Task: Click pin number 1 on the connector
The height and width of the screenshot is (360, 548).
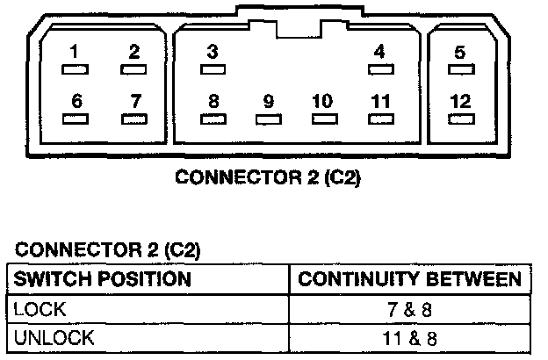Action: click(x=75, y=53)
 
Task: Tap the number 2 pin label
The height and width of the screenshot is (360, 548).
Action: click(x=133, y=53)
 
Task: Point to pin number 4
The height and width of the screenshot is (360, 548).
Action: click(x=379, y=53)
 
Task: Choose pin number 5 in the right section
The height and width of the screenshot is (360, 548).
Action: click(x=460, y=53)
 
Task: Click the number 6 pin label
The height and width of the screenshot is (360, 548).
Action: click(x=77, y=101)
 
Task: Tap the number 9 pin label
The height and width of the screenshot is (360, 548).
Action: click(x=269, y=101)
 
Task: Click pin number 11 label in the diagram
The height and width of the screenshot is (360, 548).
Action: click(x=379, y=101)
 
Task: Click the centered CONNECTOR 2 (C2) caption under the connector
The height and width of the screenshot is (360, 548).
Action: click(x=269, y=176)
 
